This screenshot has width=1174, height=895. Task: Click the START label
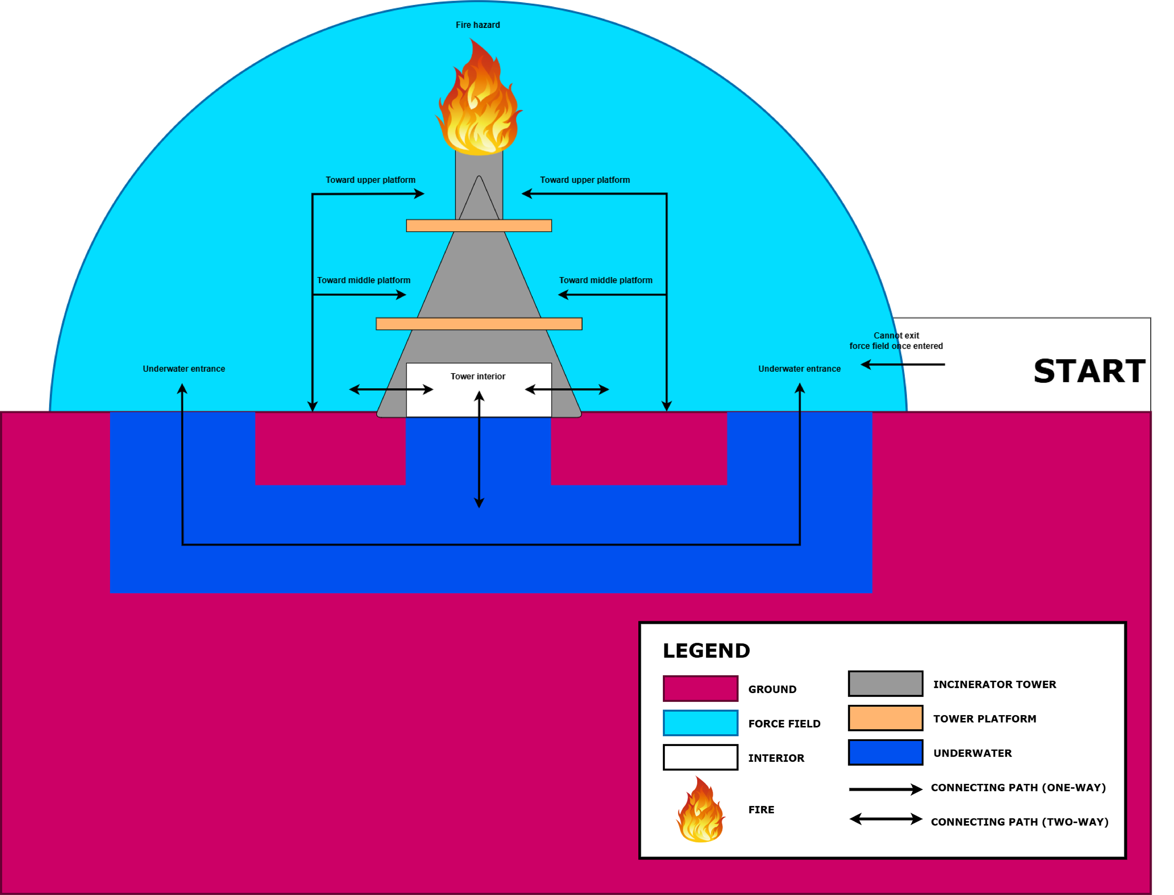coord(1089,371)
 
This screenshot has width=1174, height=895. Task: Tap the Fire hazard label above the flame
coord(478,25)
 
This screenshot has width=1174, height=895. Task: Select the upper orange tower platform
coord(479,226)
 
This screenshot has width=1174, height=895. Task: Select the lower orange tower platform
coord(479,324)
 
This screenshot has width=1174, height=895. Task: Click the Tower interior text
coord(478,377)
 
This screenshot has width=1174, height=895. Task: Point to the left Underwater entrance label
coord(184,369)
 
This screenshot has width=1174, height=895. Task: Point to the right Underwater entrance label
coord(799,369)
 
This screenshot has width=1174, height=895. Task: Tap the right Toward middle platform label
coord(605,280)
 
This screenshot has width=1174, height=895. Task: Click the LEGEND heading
coord(706,651)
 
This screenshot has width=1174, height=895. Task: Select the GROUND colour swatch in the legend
coord(700,689)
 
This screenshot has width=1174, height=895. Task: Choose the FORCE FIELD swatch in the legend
coord(700,723)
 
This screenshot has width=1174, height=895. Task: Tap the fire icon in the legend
coord(700,810)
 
